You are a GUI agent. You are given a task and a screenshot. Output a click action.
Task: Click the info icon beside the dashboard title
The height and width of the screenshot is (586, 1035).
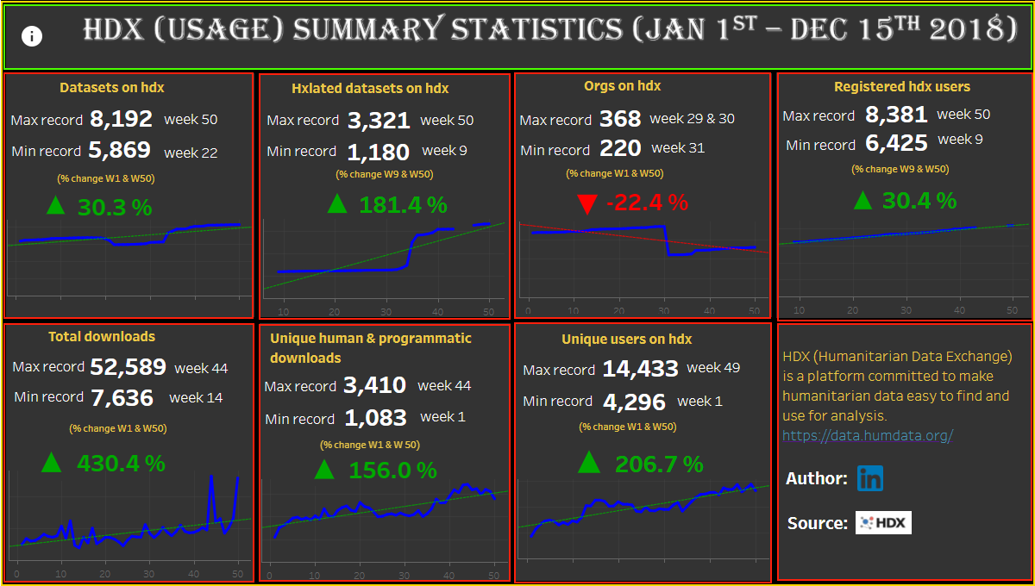click(32, 36)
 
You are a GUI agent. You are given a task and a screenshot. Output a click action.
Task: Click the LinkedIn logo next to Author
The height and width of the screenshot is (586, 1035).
click(869, 479)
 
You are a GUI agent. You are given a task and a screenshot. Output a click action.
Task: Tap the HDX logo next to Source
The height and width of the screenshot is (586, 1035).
click(883, 523)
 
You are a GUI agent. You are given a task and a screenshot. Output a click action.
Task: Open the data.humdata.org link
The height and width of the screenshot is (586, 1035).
click(867, 436)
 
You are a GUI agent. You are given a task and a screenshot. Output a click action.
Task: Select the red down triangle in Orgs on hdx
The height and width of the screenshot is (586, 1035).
click(587, 204)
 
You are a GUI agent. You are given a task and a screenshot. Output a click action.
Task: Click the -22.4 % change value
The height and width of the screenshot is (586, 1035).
click(647, 203)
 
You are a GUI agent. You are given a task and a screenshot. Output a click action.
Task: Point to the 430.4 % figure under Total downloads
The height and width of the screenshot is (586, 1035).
click(121, 464)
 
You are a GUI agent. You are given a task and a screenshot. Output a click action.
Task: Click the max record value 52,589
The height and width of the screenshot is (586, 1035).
click(128, 367)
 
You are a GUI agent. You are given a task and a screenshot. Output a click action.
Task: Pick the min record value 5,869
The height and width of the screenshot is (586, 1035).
click(119, 151)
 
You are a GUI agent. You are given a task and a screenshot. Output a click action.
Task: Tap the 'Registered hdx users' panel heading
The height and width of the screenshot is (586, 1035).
click(901, 87)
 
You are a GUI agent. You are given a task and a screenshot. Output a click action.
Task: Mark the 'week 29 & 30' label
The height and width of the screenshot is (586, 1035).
click(692, 119)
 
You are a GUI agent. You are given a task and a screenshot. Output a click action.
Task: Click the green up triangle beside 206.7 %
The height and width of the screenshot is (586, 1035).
click(589, 463)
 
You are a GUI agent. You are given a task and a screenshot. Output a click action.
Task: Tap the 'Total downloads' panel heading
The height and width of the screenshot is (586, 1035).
click(102, 337)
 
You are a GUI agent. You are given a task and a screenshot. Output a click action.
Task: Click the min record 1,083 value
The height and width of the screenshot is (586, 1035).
click(375, 419)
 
